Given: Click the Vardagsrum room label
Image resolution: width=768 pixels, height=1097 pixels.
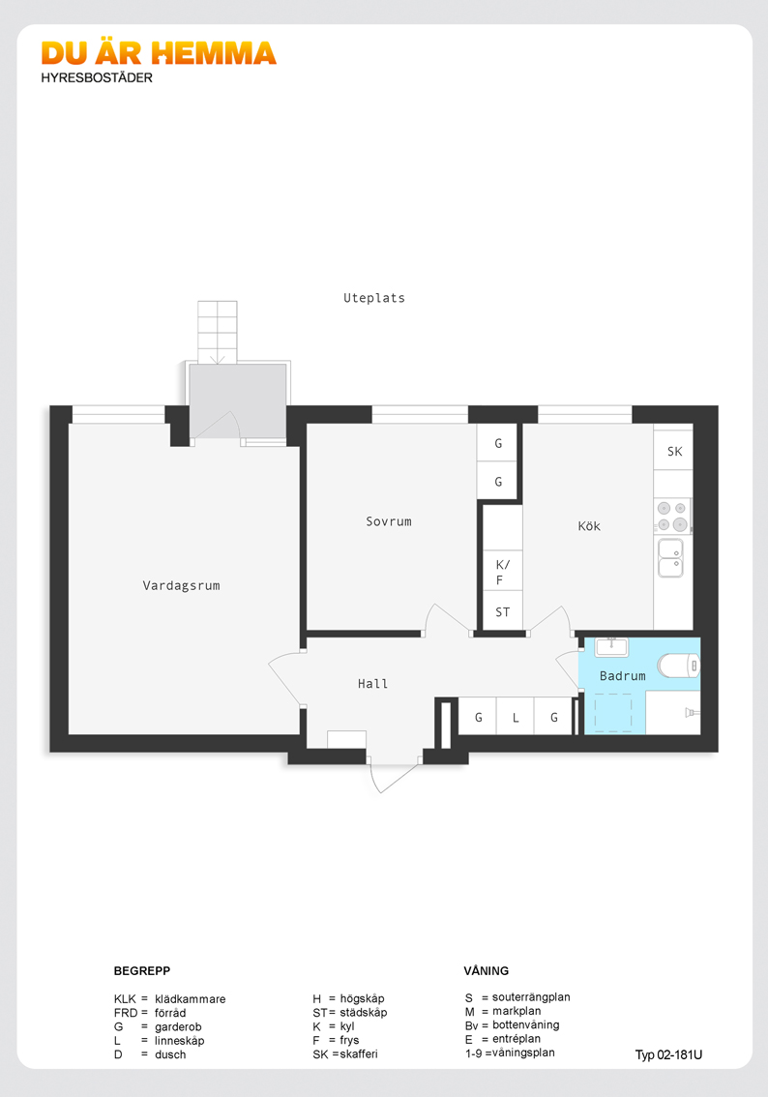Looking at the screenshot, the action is (181, 585).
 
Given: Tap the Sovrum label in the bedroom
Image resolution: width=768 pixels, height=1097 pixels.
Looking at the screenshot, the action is (389, 521).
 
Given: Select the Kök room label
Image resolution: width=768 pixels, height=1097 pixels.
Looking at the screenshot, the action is (589, 526).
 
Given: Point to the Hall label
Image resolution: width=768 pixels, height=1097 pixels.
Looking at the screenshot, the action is (372, 684).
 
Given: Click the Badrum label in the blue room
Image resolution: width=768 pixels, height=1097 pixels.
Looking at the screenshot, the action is (623, 676).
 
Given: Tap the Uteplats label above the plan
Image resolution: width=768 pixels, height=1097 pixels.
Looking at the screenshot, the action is (374, 298).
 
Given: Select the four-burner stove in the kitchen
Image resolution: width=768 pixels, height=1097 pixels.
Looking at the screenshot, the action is (672, 516).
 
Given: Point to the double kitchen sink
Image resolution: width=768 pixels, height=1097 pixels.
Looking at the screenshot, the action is (670, 557).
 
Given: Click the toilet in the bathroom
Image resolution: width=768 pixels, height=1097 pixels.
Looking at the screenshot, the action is (678, 666).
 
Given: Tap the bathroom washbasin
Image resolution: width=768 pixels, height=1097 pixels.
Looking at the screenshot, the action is (611, 646).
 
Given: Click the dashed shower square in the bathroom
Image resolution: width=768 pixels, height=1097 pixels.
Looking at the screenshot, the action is (613, 712).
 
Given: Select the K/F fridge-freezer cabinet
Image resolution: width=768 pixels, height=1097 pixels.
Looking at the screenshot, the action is (503, 572).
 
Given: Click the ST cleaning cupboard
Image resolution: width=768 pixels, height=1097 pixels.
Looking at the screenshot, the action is (503, 611).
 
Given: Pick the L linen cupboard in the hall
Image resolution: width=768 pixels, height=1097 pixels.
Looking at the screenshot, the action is (516, 717).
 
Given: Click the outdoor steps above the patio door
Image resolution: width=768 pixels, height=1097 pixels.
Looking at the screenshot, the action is (218, 333).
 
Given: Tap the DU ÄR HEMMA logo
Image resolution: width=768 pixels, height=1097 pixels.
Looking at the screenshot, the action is (159, 53).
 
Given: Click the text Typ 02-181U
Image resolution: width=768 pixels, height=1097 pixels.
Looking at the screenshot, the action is (668, 1055).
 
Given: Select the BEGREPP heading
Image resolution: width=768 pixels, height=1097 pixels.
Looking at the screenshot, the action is (142, 971).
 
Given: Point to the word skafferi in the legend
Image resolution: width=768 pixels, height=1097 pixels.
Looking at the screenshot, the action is (359, 1054).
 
